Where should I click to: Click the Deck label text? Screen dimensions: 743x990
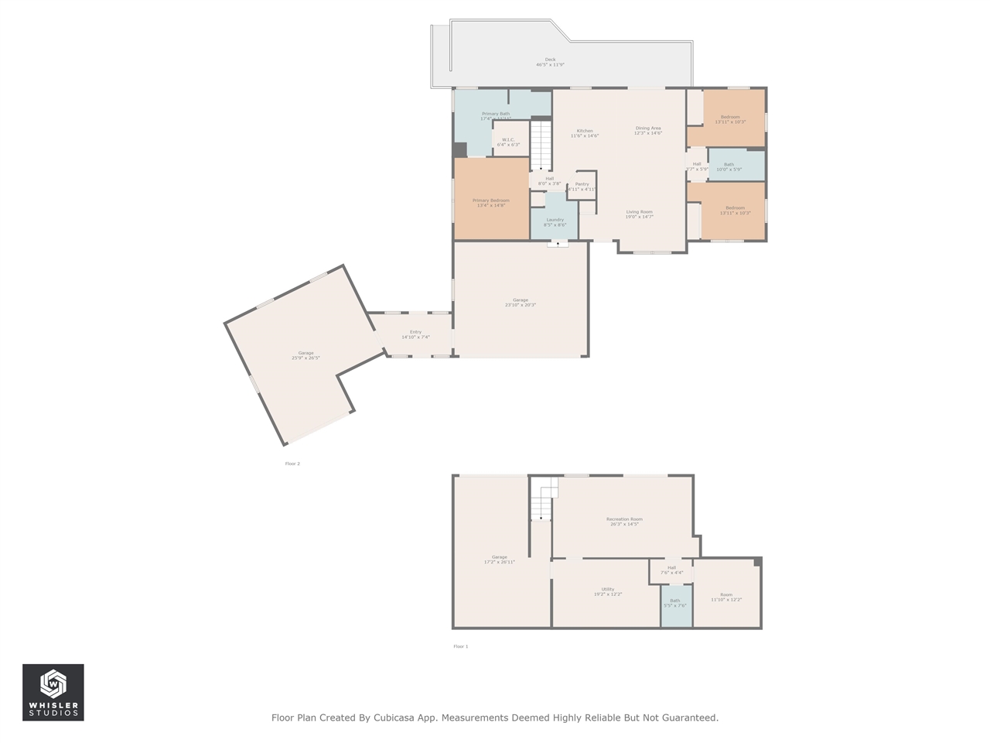tap(550, 62)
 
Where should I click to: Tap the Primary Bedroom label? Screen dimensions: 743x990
tap(491, 203)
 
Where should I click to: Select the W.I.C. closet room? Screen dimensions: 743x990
tap(508, 142)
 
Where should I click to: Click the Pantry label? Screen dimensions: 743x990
tap(582, 187)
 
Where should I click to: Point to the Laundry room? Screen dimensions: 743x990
tap(555, 222)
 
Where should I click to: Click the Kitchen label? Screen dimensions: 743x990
tap(585, 133)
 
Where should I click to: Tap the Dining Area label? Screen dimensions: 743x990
tap(648, 130)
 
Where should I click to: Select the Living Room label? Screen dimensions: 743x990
tap(639, 214)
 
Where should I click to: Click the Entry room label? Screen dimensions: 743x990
tap(415, 334)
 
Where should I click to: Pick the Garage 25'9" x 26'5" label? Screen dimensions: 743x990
tap(306, 355)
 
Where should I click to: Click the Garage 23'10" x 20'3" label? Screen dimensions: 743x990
tap(521, 302)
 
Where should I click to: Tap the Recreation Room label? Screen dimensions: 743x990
tap(624, 521)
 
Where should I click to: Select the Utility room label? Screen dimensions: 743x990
tap(608, 591)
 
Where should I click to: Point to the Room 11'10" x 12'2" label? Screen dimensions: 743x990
tap(726, 597)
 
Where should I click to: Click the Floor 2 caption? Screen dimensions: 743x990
tap(292, 464)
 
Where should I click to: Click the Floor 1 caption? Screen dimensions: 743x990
tap(460, 646)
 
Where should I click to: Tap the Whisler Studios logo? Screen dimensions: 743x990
tap(53, 692)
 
